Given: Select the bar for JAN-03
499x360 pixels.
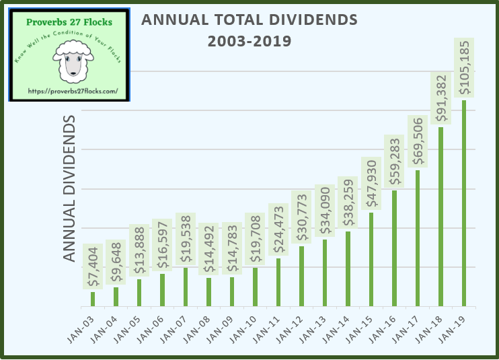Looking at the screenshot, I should (x=93, y=299).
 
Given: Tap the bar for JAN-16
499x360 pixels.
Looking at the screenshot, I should (x=394, y=248).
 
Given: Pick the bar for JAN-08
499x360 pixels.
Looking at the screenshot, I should (x=209, y=292).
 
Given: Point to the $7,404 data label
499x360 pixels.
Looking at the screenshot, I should (x=93, y=266).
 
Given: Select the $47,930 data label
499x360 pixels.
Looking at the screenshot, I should (x=371, y=184).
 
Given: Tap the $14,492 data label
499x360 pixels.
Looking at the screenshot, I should (x=209, y=249).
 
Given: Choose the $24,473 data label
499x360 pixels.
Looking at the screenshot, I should (x=278, y=229).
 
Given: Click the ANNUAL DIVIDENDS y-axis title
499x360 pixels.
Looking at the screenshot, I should (x=69, y=189).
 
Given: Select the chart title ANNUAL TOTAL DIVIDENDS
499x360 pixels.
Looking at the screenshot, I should (x=249, y=20).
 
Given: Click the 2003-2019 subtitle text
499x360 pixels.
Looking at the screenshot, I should (x=249, y=41).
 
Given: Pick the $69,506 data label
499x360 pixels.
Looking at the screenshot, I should (x=418, y=141).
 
